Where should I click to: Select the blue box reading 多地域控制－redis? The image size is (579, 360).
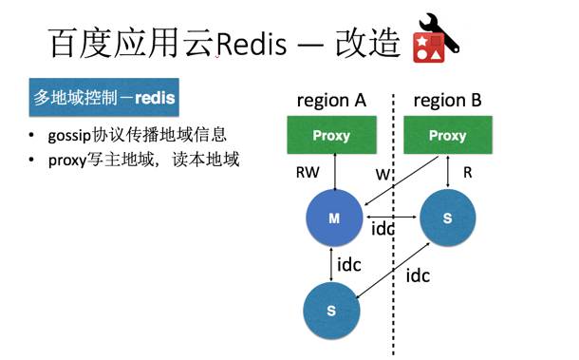tap(104, 98)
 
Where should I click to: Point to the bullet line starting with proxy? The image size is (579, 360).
tap(134, 159)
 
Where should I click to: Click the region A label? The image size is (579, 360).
tap(331, 101)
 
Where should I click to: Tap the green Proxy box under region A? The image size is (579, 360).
tap(331, 135)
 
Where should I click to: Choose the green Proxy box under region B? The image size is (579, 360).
tap(447, 135)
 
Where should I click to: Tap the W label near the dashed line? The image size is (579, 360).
tap(383, 174)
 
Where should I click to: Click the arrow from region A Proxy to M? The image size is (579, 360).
tap(332, 170)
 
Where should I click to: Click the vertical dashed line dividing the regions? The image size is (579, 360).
tap(392, 285)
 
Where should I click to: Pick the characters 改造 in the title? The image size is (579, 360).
tap(363, 45)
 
